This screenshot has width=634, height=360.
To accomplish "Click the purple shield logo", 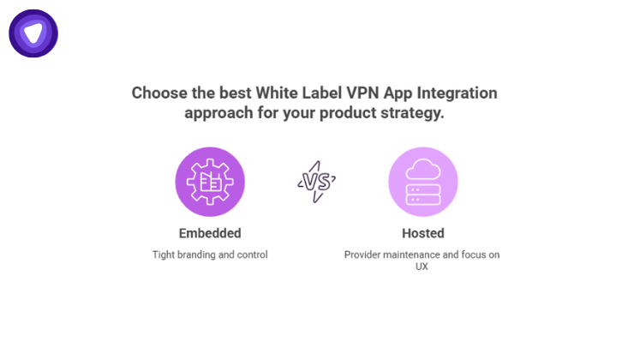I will [x=33, y=33].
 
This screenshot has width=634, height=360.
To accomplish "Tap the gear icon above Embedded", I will [x=210, y=182].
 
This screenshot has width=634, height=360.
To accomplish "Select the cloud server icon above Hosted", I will [x=422, y=182].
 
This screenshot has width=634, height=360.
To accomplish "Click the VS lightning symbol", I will [x=316, y=181].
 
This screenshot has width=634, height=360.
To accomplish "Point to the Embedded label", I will [x=210, y=233].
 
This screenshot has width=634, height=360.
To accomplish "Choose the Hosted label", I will [x=423, y=233].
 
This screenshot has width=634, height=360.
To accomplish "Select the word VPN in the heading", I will [x=358, y=93].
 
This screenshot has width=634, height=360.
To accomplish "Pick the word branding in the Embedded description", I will [x=198, y=255].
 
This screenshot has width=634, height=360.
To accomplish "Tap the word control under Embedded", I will [x=251, y=255].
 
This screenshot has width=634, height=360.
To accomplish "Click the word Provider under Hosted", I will [x=363, y=255].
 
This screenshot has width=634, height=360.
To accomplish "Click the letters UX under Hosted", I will [x=423, y=267].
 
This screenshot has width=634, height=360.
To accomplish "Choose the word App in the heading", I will [x=395, y=93].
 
